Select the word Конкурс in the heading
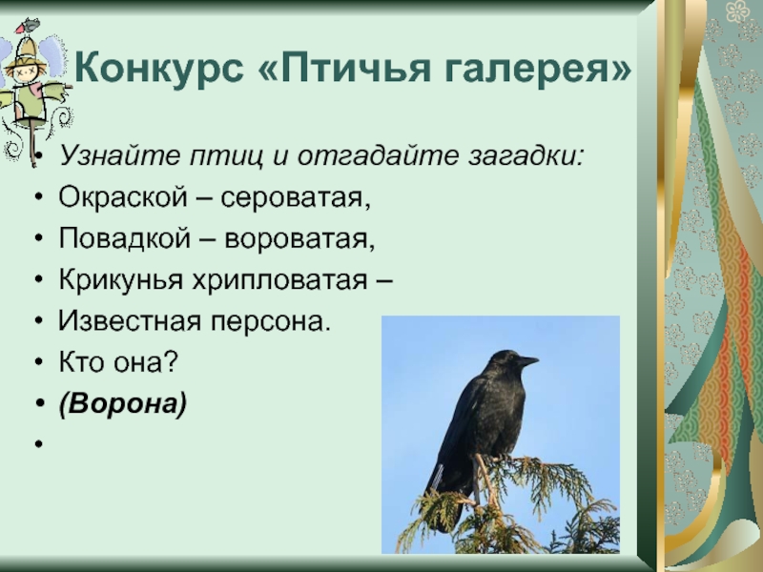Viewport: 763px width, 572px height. (159, 67)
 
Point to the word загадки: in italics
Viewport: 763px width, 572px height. (526, 156)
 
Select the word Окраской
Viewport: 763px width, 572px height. (123, 197)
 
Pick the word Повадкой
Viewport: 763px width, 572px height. (125, 238)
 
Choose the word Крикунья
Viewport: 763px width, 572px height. (121, 280)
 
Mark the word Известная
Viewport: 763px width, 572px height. (130, 322)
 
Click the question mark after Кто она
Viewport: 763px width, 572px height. (172, 362)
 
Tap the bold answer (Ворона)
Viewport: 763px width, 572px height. (123, 403)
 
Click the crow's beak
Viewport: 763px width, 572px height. (527, 361)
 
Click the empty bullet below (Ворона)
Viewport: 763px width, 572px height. (39, 443)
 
